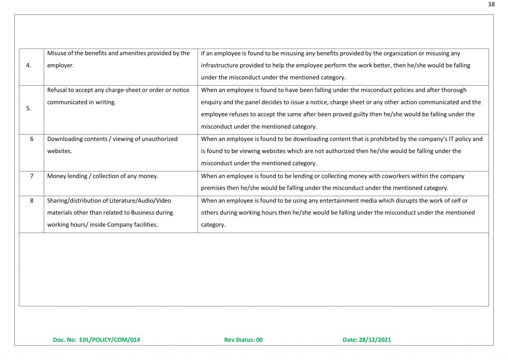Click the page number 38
491,4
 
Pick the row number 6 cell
32,139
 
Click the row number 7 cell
32,176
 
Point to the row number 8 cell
32,200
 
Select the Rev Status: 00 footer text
243,340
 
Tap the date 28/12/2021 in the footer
367,340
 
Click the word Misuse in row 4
57,53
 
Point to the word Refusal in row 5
58,90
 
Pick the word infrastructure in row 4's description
219,65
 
